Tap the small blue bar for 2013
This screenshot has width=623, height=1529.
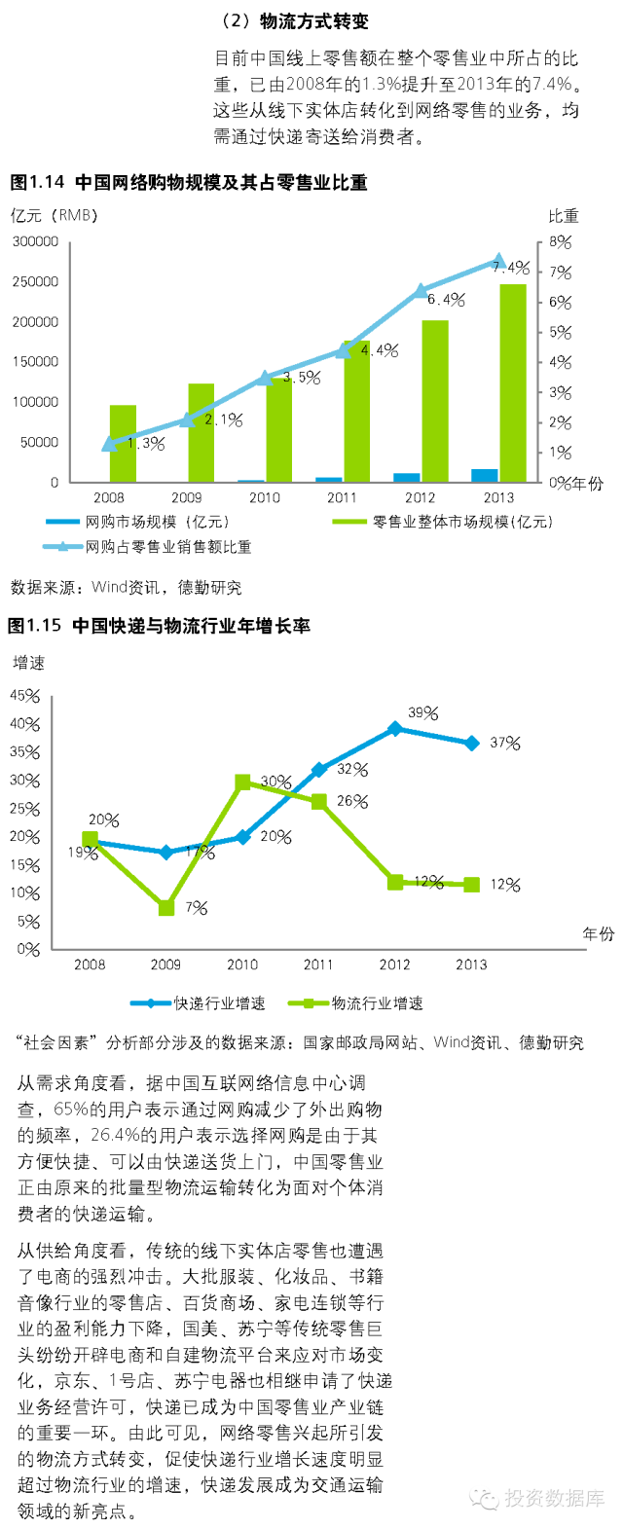point(484,475)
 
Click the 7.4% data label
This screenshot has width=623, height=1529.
point(511,268)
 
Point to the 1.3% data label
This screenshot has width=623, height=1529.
point(146,444)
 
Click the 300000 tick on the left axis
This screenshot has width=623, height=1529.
point(35,241)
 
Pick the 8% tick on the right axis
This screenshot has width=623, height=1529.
point(560,241)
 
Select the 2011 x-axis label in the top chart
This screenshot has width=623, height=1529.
point(342,497)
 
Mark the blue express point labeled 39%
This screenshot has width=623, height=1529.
point(395,728)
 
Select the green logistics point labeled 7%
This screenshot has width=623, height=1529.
point(166,908)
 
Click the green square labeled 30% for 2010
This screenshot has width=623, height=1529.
point(243,782)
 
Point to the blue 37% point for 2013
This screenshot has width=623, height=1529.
point(472,744)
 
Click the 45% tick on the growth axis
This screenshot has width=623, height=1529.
point(25,696)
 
